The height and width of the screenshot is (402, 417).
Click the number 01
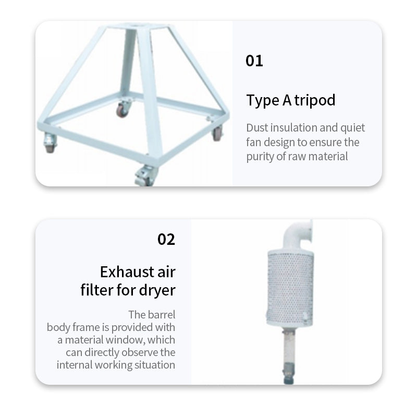pos(254,61)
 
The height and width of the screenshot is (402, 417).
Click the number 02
pos(166,239)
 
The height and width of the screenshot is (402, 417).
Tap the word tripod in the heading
pos(315,101)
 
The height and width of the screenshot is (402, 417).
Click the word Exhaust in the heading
pos(127,272)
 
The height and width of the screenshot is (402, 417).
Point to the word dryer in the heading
pos(157,290)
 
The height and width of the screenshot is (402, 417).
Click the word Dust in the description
pos(257,127)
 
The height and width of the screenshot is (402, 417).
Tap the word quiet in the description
pos(353,128)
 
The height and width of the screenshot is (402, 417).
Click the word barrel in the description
pos(162,315)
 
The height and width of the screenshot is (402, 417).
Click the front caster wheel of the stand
pos(145,176)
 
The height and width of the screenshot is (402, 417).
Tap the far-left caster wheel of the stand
pos(50,143)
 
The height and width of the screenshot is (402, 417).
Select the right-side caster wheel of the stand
pos(217,133)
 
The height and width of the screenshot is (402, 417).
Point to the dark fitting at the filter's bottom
pos(289,373)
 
